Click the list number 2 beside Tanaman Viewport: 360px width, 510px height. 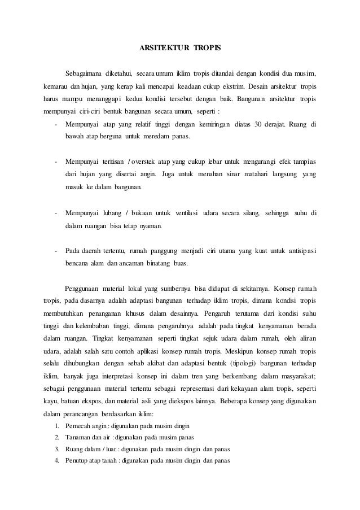tap(57, 438)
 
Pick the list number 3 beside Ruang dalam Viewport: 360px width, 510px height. tap(57, 450)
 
